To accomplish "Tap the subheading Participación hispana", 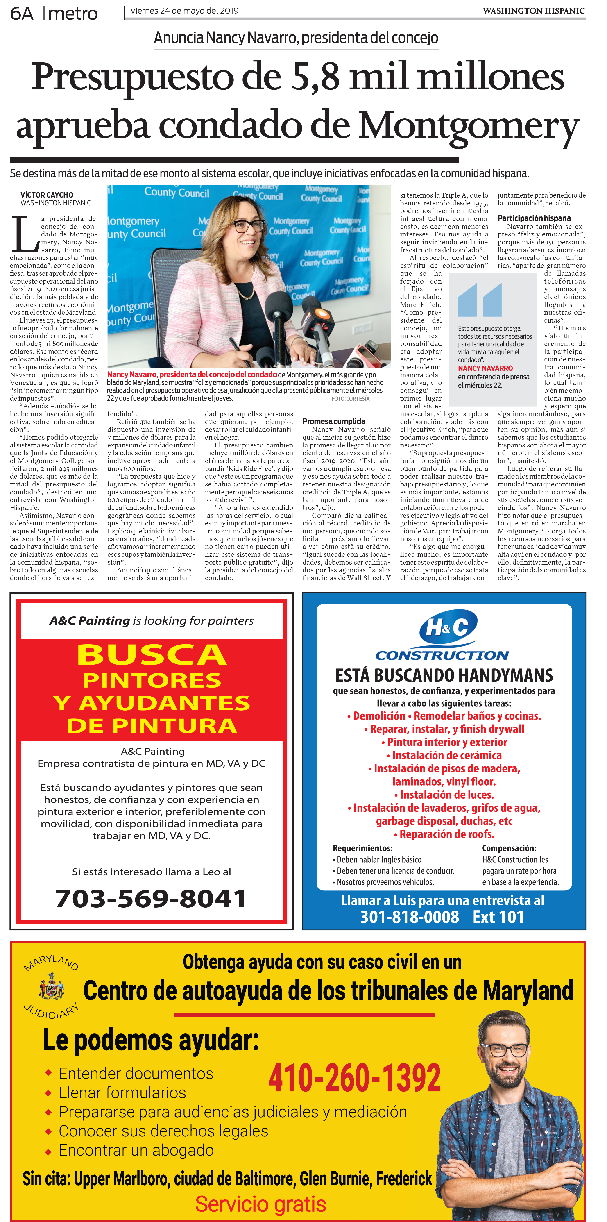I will point(534,218).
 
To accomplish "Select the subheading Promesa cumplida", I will point(334,421).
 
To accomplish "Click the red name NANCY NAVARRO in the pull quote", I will point(485,368).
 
